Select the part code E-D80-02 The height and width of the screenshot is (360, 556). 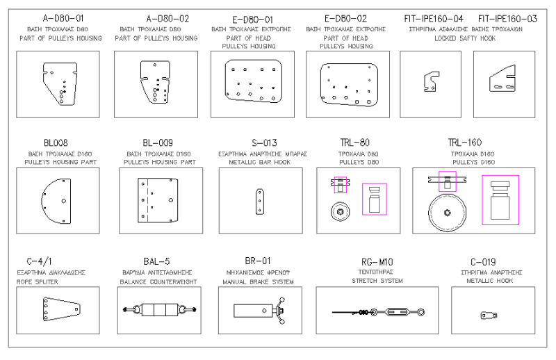click(x=345, y=18)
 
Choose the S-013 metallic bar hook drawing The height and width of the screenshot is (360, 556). click(x=261, y=200)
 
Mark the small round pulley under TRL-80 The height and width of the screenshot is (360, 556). click(x=340, y=211)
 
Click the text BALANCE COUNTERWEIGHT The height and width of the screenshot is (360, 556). click(x=158, y=282)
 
